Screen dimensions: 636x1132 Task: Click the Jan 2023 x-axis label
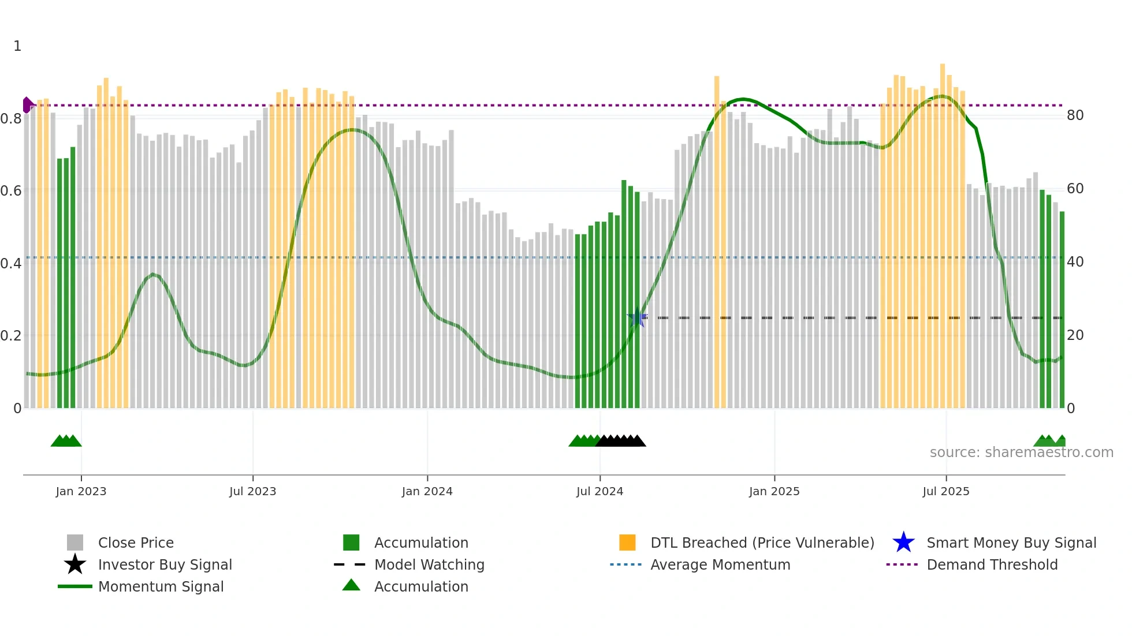[x=81, y=491]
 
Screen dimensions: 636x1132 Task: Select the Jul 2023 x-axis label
[x=252, y=491]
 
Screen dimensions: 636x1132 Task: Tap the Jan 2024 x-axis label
[x=427, y=491]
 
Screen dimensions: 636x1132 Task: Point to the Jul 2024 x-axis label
[x=599, y=491]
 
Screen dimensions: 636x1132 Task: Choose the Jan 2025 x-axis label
[x=774, y=491]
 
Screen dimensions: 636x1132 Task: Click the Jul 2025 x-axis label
[x=945, y=491]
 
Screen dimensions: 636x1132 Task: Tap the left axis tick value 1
[x=17, y=46]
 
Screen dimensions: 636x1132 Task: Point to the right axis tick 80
[x=1075, y=115]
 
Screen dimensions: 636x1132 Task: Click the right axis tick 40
[x=1075, y=262]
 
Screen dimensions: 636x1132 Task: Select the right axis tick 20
[x=1075, y=335]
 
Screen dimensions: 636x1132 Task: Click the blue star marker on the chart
[x=637, y=317]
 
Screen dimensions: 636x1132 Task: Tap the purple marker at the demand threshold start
[x=27, y=105]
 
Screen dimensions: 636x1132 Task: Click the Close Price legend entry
[x=136, y=543]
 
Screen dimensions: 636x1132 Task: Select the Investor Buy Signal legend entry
[x=165, y=564]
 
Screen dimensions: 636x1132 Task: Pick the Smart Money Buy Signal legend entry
[x=1011, y=543]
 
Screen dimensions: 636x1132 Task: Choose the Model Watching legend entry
[x=429, y=564]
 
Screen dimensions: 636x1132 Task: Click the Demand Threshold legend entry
[x=992, y=564]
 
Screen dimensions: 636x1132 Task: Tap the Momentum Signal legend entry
[x=161, y=586]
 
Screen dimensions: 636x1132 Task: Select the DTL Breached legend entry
[x=762, y=543]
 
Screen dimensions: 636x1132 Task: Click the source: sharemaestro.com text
[x=1021, y=452]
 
